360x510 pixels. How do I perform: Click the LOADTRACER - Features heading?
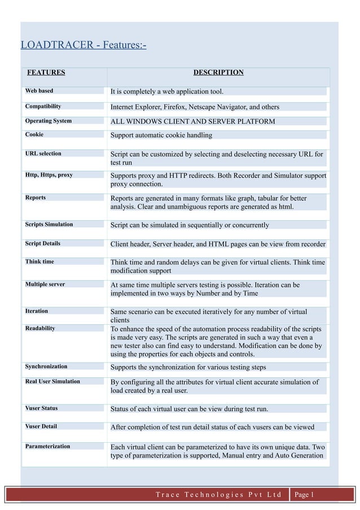[83, 45]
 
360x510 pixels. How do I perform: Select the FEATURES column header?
[46, 72]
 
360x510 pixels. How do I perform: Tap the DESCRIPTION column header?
[218, 72]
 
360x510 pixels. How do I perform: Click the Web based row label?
[39, 90]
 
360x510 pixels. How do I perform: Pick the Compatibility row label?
[43, 106]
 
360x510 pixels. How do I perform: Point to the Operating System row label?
[48, 120]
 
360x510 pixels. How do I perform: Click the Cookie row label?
[34, 134]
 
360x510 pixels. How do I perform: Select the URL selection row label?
[43, 153]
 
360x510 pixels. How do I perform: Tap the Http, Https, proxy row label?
[49, 175]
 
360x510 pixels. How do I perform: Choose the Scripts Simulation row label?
[49, 224]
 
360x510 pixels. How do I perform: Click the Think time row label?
[39, 261]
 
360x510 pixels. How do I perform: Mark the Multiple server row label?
[45, 284]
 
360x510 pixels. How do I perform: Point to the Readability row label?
[40, 328]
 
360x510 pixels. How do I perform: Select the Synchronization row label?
[46, 366]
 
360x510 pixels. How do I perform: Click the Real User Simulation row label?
[52, 381]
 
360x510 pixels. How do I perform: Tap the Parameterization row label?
[47, 446]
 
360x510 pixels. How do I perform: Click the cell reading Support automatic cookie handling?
[161, 135]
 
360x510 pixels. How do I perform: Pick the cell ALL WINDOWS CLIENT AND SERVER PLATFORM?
[192, 121]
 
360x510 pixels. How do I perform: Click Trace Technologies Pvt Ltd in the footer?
[218, 495]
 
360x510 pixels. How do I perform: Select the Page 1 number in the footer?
[304, 495]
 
